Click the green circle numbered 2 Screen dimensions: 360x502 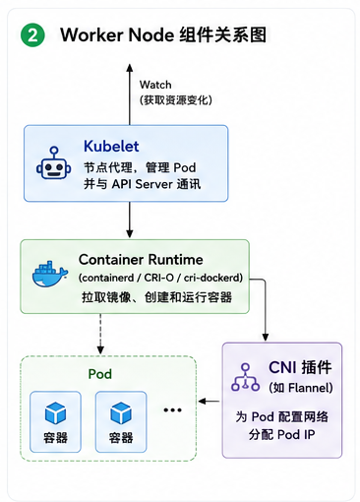[32, 35]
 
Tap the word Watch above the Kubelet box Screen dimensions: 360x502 [155, 85]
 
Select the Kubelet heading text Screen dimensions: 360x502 [111, 146]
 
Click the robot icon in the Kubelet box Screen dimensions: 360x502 [54, 163]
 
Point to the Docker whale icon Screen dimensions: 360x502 [50, 274]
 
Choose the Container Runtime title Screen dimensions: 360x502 [141, 260]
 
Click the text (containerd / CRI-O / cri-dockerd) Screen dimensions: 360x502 [160, 278]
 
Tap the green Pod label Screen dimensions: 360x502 [100, 374]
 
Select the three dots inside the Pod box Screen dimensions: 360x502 [172, 409]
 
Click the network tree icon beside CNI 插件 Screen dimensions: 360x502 [245, 377]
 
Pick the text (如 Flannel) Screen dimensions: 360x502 [301, 388]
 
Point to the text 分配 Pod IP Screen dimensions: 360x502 [281, 435]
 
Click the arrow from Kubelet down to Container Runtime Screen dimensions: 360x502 [130, 220]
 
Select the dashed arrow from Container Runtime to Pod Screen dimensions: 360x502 [100, 334]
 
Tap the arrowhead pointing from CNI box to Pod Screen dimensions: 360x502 [202, 401]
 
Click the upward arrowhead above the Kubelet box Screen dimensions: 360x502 [130, 68]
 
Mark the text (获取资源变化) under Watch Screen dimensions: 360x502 [176, 100]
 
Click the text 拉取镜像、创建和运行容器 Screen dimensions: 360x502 [156, 297]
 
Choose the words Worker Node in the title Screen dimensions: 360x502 [117, 34]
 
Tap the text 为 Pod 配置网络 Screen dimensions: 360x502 [281, 416]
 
